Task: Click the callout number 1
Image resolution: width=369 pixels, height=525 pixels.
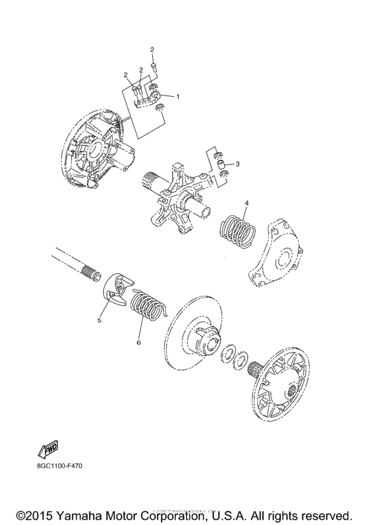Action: (x=177, y=97)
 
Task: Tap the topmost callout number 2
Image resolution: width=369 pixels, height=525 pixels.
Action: (x=152, y=50)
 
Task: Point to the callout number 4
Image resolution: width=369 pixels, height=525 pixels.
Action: (x=246, y=202)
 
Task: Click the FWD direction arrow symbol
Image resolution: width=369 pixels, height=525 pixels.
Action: (x=47, y=450)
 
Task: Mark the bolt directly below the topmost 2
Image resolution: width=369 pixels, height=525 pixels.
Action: (x=152, y=66)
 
